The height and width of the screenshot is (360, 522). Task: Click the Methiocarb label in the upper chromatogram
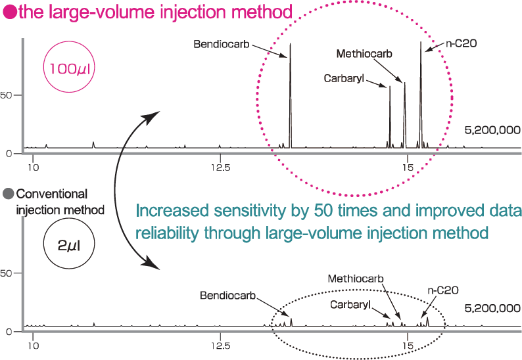coord(364,54)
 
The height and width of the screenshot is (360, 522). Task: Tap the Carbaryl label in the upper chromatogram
coord(344,78)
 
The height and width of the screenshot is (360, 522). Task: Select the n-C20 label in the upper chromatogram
coord(461,44)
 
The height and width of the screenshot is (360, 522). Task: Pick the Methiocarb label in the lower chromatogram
coord(355,279)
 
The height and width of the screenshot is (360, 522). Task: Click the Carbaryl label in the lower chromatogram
coord(350,305)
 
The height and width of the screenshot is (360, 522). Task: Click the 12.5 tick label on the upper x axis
coord(220,168)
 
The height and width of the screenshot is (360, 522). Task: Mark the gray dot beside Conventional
coord(8,194)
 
